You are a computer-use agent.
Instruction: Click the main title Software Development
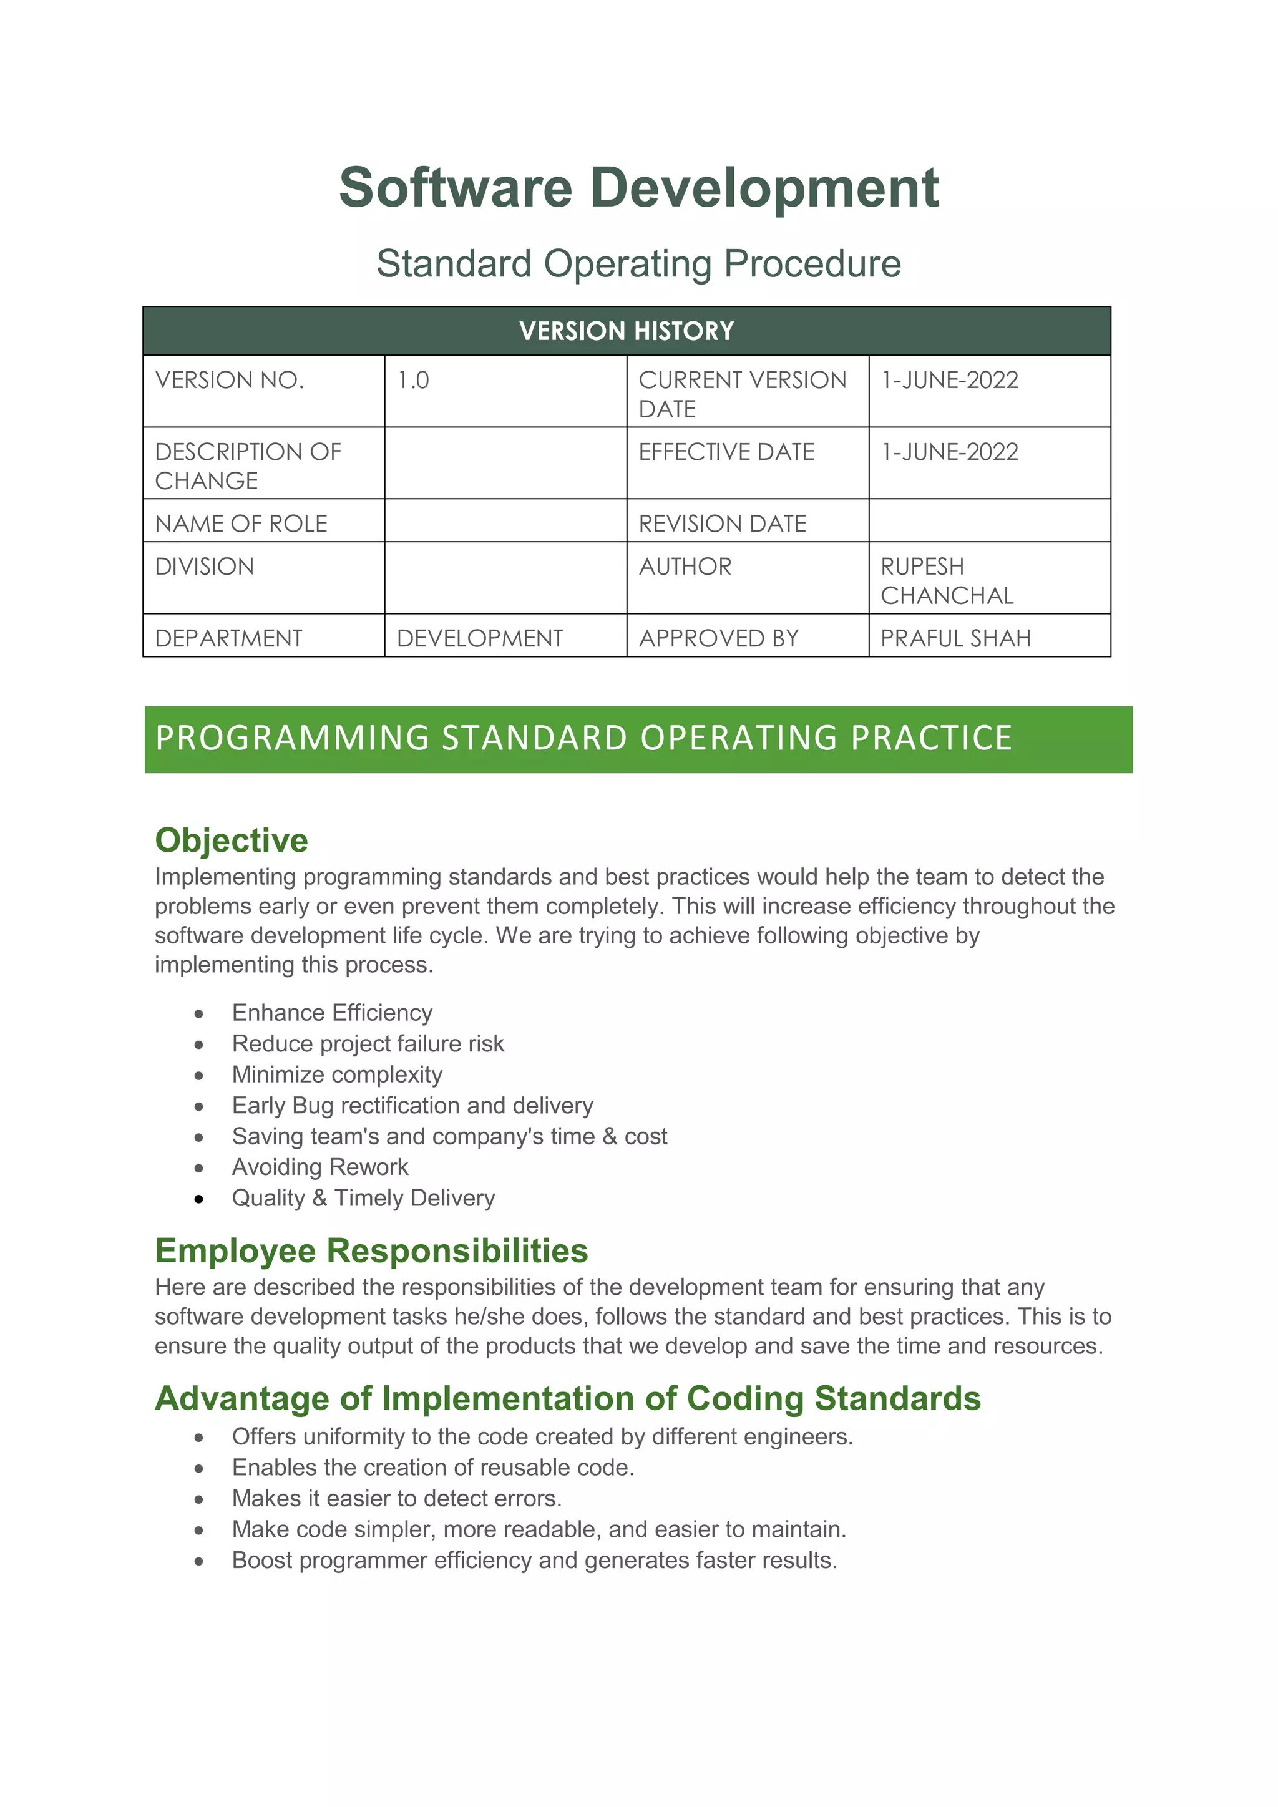point(638,189)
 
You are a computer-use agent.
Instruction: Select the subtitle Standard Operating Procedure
point(638,264)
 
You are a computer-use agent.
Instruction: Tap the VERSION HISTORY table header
point(627,331)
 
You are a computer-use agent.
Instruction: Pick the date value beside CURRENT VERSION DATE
point(949,381)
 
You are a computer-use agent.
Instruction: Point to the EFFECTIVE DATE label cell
point(726,452)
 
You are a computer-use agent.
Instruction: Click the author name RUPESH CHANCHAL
point(946,581)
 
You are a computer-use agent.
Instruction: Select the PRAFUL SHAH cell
point(955,638)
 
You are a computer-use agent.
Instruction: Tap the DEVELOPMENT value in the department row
point(479,638)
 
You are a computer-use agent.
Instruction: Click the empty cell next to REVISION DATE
point(989,521)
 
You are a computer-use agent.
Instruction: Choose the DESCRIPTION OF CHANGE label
point(247,466)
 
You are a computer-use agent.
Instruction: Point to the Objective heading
point(232,840)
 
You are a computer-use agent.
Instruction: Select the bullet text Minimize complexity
point(337,1075)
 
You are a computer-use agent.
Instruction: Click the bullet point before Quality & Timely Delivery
point(199,1199)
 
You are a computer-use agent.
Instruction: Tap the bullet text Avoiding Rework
point(319,1167)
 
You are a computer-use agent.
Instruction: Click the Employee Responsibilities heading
point(371,1250)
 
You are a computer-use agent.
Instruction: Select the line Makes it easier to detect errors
point(397,1499)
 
